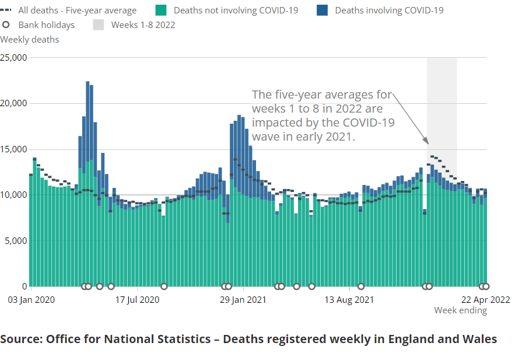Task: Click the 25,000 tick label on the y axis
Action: pos(13,58)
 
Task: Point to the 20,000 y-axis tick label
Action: pos(13,103)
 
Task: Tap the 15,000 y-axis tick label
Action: pos(13,149)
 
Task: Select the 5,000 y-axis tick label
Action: pos(16,240)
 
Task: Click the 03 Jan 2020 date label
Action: pos(31,300)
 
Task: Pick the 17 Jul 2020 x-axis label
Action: pos(137,300)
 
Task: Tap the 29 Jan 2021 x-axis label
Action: pos(243,300)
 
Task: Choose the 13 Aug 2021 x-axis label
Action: pos(349,300)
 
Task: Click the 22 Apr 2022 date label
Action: pos(486,300)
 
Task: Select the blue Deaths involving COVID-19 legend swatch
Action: pos(321,11)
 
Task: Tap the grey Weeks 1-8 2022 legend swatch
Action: pos(99,25)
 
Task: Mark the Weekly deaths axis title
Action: pos(30,40)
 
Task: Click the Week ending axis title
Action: pos(460,310)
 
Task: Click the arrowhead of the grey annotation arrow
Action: pos(428,142)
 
